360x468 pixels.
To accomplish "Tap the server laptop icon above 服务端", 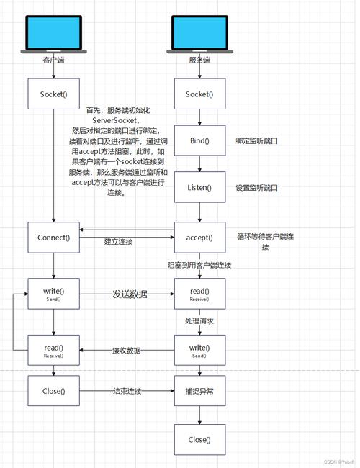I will coord(198,32).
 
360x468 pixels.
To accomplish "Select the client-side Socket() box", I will coord(53,94).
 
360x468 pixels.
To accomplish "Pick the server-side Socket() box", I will coord(199,94).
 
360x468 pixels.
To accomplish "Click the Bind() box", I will coord(199,140).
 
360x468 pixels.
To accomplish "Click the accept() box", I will coord(199,237).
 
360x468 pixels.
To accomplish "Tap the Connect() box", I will coord(53,237).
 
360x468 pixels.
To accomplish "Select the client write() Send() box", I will coord(53,294).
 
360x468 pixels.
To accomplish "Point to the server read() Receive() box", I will coord(199,294).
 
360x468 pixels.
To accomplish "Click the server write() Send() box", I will coord(199,351).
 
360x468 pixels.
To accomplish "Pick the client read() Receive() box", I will coord(53,351).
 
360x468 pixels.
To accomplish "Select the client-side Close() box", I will coord(53,392).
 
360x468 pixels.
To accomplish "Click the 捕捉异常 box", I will coord(199,392).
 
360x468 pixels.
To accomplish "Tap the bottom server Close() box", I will coord(199,439).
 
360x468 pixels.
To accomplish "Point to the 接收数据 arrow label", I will coord(126,351).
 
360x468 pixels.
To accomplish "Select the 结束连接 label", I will coord(127,392).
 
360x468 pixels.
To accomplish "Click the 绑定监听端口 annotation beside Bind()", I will coord(256,141).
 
